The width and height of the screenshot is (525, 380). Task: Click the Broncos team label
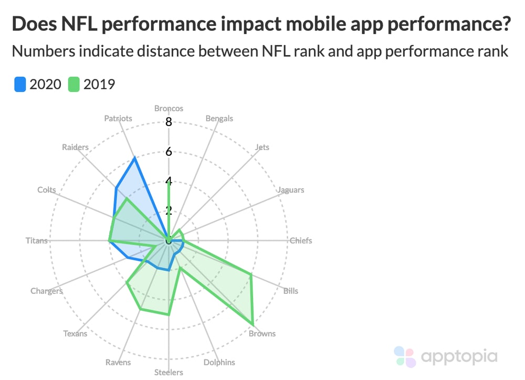pos(169,109)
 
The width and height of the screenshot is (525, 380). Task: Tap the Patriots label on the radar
pos(118,119)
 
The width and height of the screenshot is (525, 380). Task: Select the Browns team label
pos(262,334)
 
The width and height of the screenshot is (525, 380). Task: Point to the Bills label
pos(290,291)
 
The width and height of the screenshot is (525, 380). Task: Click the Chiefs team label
pos(301,241)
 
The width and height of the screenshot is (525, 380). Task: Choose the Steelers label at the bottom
pos(169,373)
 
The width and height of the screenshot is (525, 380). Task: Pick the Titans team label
pos(36,241)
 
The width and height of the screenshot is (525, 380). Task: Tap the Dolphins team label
pos(219,363)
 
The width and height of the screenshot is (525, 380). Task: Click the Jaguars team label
pos(290,190)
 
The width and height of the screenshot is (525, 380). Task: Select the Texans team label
pos(75,334)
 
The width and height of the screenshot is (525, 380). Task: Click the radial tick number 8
pos(169,122)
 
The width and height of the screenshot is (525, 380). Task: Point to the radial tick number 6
pos(169,152)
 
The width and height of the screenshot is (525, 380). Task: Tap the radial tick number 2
pos(169,211)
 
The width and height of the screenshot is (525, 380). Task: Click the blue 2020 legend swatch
pos(20,84)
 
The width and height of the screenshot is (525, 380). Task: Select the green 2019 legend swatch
pos(74,84)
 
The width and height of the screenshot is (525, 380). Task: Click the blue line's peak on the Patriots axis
pos(135,157)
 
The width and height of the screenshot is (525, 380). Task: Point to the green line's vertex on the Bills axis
pos(251,275)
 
